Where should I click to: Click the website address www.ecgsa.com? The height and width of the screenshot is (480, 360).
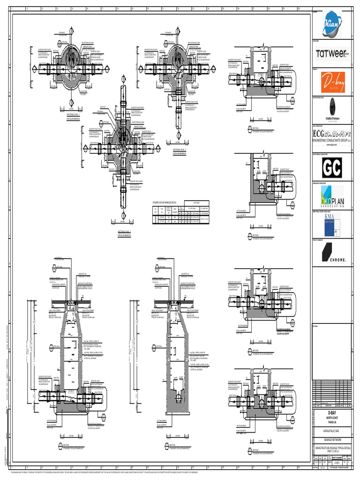332,145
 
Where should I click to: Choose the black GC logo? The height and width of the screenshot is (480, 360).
332,167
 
